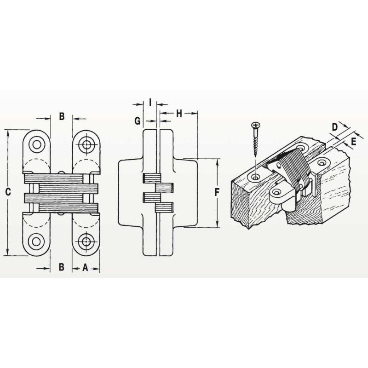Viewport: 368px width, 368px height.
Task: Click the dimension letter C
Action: [8, 192]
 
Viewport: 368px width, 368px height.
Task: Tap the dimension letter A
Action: [85, 267]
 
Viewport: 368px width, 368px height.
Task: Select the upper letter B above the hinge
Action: [62, 116]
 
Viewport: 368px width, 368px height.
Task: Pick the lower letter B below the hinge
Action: [62, 267]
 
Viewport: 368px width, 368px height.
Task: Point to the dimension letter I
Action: [150, 102]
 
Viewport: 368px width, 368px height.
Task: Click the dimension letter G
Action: [138, 121]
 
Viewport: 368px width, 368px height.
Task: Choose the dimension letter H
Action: [179, 114]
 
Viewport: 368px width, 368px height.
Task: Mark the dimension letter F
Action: [217, 192]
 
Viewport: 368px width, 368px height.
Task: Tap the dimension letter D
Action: [335, 127]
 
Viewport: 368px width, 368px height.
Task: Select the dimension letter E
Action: [354, 142]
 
